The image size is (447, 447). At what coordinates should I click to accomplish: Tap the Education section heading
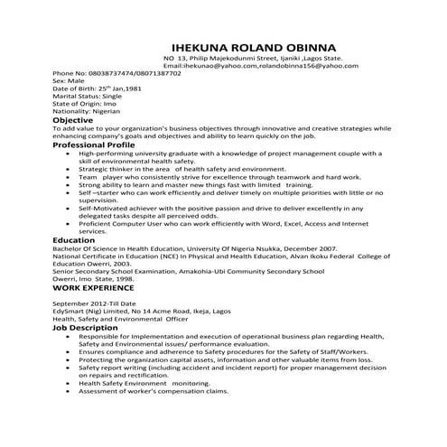(x=74, y=240)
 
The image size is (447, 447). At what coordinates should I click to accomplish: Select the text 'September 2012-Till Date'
(x=94, y=303)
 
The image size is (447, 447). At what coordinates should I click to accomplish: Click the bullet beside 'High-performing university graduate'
(x=70, y=154)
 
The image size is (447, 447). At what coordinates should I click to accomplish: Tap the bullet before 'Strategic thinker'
(x=70, y=169)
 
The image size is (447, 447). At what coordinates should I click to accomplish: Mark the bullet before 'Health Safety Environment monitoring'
(x=70, y=383)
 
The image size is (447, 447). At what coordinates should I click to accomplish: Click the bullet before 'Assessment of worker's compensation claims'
(x=70, y=391)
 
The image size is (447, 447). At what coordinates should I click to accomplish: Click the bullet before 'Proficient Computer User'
(x=70, y=223)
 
